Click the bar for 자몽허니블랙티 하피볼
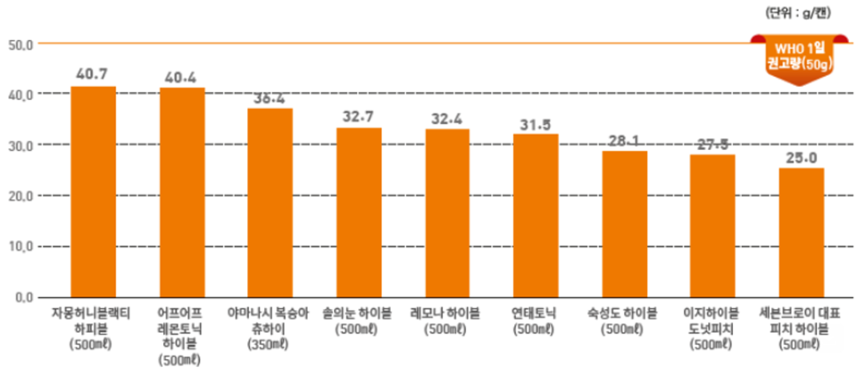click(93, 191)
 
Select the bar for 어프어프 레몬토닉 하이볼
click(182, 192)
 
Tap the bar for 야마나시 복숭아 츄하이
click(270, 202)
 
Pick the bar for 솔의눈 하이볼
click(359, 212)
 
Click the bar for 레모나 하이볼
click(447, 212)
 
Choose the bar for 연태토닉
click(536, 215)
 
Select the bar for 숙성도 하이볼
click(624, 223)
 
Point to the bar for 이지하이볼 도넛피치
click(712, 225)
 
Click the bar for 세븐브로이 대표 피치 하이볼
click(801, 231)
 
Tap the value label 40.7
click(93, 73)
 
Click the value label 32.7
click(359, 116)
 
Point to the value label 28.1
click(624, 139)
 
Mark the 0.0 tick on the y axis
click(21, 297)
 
